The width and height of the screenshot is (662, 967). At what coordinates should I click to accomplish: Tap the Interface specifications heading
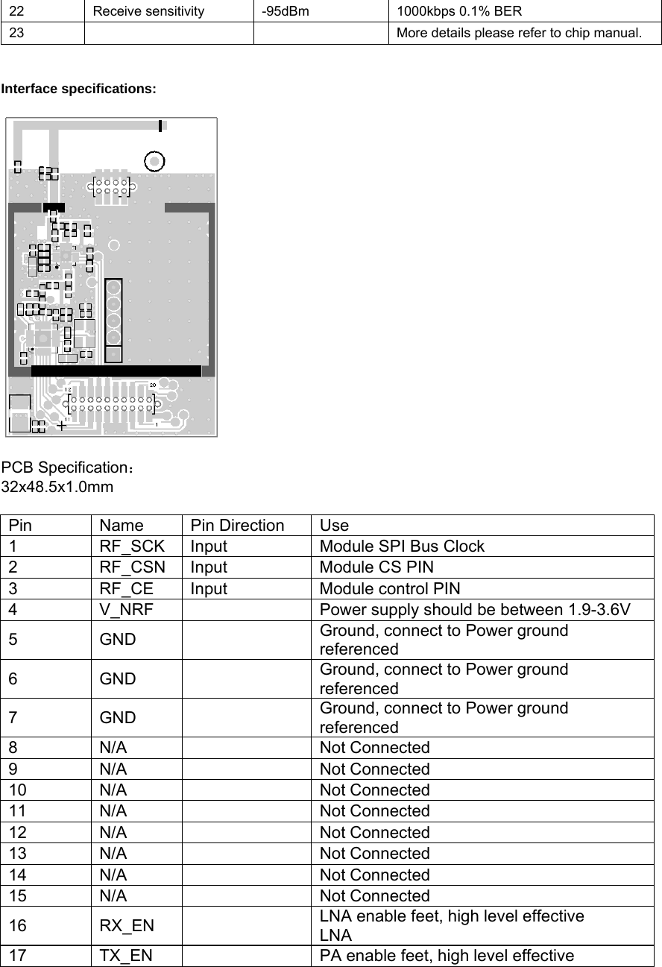pos(79,89)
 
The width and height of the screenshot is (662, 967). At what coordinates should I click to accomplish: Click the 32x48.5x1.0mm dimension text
pos(57,488)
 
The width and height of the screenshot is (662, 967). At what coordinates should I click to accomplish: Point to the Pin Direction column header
pos(237,525)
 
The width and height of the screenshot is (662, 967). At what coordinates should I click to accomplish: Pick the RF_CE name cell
pos(127,588)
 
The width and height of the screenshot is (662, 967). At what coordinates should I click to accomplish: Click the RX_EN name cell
pos(127,926)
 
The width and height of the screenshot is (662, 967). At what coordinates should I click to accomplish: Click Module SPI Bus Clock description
pos(402,546)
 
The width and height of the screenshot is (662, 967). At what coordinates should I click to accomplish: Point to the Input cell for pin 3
pos(209,588)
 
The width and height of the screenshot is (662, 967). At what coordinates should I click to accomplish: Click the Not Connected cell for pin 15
pos(374,895)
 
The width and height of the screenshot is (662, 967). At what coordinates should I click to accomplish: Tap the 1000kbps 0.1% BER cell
pos(459,11)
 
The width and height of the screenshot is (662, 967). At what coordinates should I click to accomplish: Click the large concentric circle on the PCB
pos(154,161)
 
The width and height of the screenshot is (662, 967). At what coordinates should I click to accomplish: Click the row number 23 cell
pos(16,33)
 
